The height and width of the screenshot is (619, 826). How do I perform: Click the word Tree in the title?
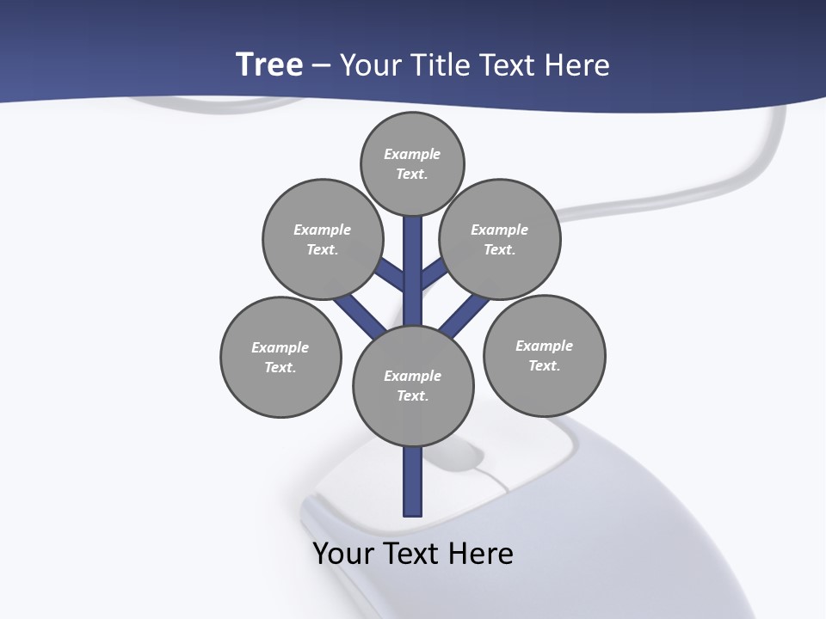[x=269, y=64]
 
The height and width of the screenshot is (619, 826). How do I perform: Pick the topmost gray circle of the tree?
[x=412, y=163]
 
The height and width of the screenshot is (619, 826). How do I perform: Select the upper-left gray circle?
[x=323, y=239]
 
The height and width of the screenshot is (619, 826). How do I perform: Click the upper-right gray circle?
[x=500, y=239]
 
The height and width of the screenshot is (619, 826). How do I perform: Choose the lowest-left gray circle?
[x=280, y=357]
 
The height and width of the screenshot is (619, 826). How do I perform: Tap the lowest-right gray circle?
[x=544, y=355]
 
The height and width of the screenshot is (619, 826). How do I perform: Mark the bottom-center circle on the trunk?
[x=413, y=385]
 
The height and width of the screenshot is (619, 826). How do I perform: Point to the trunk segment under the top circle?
[x=413, y=258]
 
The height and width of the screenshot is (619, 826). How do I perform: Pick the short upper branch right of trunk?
[x=433, y=273]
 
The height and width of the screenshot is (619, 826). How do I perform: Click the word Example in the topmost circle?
[x=412, y=154]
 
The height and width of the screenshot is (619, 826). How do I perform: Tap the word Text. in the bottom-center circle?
[x=412, y=395]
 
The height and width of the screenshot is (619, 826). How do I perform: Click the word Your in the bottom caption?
[x=344, y=553]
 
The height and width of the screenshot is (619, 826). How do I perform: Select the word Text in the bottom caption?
[x=413, y=553]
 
